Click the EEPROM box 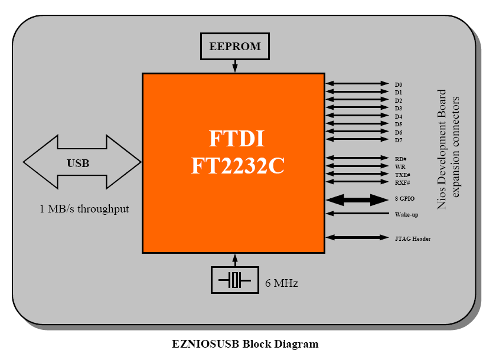(234, 46)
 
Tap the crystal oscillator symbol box (235, 280)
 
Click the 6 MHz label (282, 283)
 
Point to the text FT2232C (238, 166)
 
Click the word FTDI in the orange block (237, 139)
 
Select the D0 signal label (399, 85)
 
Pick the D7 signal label (399, 140)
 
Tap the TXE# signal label (402, 175)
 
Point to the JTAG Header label (413, 238)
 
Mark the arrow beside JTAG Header (357, 237)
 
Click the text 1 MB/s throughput (84, 208)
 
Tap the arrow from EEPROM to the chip (235, 66)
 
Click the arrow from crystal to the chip (235, 260)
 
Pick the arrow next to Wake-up (357, 213)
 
